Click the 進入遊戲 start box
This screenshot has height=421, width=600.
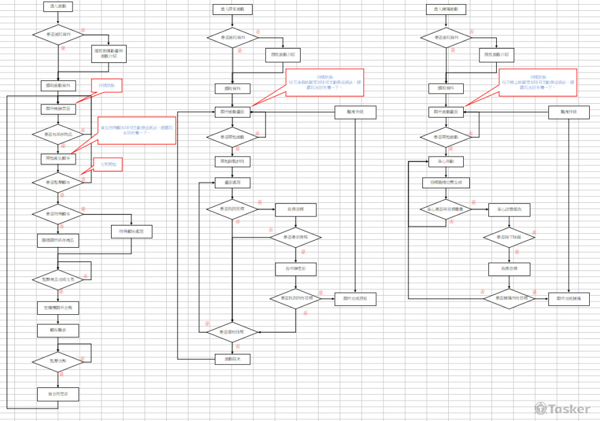(x=58, y=7)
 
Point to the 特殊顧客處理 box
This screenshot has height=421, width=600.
(x=131, y=231)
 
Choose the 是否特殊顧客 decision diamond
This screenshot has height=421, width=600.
(x=58, y=213)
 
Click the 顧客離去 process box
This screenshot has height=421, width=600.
(x=58, y=330)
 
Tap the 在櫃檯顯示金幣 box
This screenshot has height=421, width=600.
(x=58, y=308)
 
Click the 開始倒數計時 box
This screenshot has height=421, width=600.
(x=232, y=162)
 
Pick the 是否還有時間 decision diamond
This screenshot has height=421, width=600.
(x=232, y=331)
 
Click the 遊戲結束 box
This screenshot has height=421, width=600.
(x=232, y=359)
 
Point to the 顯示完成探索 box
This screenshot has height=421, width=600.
(x=355, y=299)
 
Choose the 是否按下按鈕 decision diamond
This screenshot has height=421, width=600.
(x=509, y=238)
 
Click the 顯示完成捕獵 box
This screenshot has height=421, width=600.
(x=569, y=298)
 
